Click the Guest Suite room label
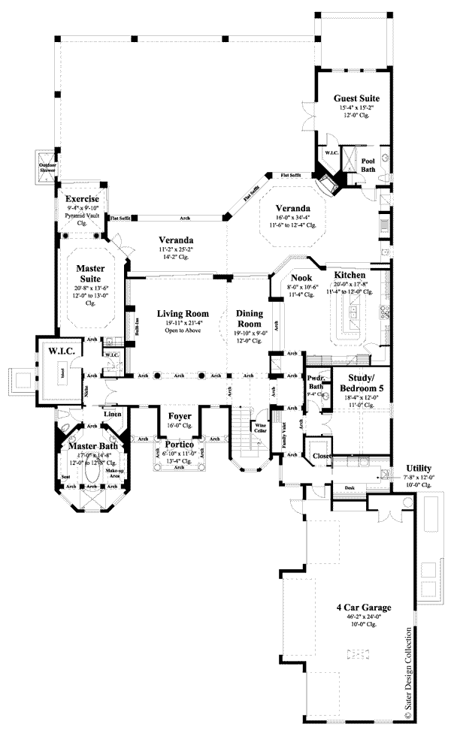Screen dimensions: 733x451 pos(356,98)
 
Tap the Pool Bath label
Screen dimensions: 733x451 pos(368,164)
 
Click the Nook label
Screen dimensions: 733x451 pos(300,277)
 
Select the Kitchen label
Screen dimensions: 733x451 pos(350,276)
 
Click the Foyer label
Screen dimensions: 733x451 pos(180,415)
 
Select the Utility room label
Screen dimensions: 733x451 pos(418,467)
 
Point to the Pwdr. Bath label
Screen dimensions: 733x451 pos(315,383)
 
